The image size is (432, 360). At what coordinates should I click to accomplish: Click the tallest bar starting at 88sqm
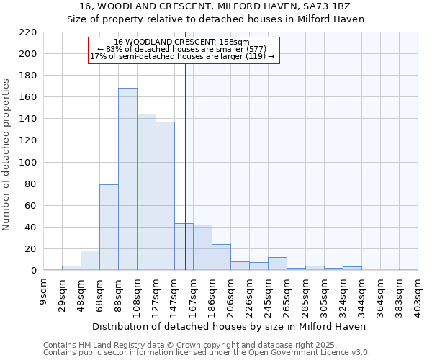point(127,179)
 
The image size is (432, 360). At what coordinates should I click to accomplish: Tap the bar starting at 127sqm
point(165,196)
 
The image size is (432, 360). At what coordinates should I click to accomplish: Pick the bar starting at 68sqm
point(109,228)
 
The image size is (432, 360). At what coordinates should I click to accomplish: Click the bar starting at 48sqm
point(90,261)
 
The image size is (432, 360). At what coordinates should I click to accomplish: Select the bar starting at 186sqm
point(221,257)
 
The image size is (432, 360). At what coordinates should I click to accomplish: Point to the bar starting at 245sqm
point(277,264)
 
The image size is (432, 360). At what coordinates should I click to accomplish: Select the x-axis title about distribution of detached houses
point(229,326)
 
